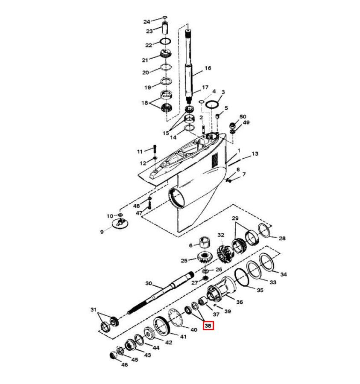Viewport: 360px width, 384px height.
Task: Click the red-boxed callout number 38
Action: (208, 326)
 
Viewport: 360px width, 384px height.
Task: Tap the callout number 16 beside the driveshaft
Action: (208, 68)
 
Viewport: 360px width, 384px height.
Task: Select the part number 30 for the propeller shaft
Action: (149, 283)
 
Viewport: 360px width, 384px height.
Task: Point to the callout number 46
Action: (125, 365)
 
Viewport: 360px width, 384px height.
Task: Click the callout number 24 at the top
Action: (146, 22)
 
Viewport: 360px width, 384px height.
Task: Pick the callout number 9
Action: (102, 232)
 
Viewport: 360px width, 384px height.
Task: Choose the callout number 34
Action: (284, 274)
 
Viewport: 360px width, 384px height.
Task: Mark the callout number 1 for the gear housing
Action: (239, 151)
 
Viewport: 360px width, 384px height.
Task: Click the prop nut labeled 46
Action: (114, 355)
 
